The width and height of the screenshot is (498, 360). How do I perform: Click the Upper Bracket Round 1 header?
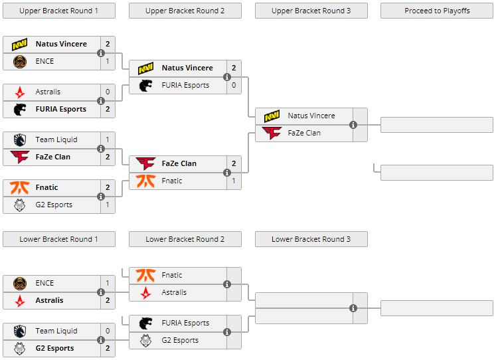point(58,11)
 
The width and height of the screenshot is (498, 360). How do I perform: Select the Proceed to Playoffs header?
point(437,11)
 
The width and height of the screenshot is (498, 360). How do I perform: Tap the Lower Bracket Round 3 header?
point(311,239)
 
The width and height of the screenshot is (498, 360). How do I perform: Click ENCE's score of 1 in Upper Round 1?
point(108,61)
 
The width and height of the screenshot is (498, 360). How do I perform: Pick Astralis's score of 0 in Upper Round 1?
point(108,92)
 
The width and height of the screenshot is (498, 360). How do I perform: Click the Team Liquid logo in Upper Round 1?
point(20,139)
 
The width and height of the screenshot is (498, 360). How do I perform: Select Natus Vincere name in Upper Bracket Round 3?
point(311,116)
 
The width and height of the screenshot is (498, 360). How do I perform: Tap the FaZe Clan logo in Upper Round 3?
point(272,133)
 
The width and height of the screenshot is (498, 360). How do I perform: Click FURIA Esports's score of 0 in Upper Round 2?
point(234,85)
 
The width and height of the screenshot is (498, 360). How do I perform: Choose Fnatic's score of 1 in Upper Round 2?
point(234,181)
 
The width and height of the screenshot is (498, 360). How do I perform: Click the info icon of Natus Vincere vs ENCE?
point(101,53)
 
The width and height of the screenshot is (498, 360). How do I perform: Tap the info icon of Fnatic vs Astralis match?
point(227,284)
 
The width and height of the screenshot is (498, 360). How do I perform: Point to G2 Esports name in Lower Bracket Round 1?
point(54,348)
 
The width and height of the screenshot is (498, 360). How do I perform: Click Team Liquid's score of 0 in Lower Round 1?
point(108,331)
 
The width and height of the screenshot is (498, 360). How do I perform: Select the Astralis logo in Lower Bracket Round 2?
point(146,292)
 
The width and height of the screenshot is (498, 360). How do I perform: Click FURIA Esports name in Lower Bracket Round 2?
point(185,323)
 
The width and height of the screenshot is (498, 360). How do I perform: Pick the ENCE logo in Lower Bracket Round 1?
point(20,283)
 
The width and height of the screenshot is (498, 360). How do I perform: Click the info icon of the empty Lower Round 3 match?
point(353,308)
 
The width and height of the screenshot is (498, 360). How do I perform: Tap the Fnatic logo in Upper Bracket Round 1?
point(20,187)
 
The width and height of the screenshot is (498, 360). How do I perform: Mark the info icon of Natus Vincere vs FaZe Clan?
point(353,125)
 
